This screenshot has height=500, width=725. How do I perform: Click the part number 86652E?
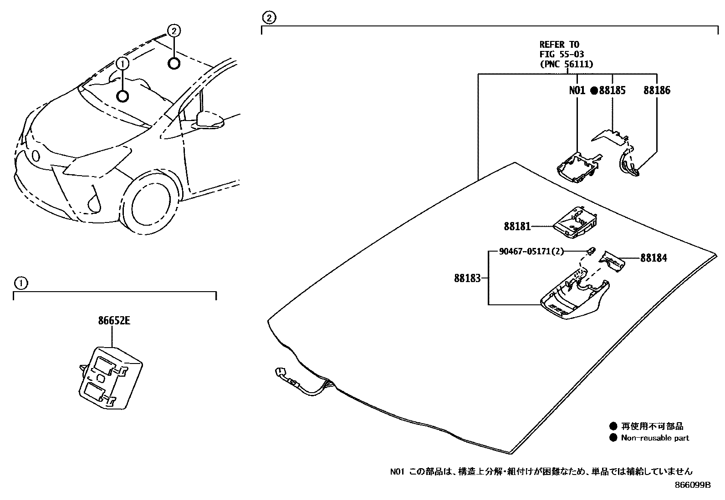point(114,321)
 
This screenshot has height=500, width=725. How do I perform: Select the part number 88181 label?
point(517,226)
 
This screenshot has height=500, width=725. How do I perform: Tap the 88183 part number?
point(467,278)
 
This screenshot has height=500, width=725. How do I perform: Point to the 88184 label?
point(654,258)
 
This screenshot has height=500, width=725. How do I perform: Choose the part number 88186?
point(657,90)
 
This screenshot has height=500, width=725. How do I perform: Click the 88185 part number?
point(612,90)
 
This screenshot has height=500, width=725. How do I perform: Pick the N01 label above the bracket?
point(577,90)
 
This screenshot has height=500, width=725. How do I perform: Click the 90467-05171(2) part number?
point(531,251)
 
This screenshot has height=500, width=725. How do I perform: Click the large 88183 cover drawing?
point(574,298)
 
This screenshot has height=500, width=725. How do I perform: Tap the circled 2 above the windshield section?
point(269,18)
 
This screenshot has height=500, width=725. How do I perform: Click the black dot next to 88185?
point(594,91)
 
